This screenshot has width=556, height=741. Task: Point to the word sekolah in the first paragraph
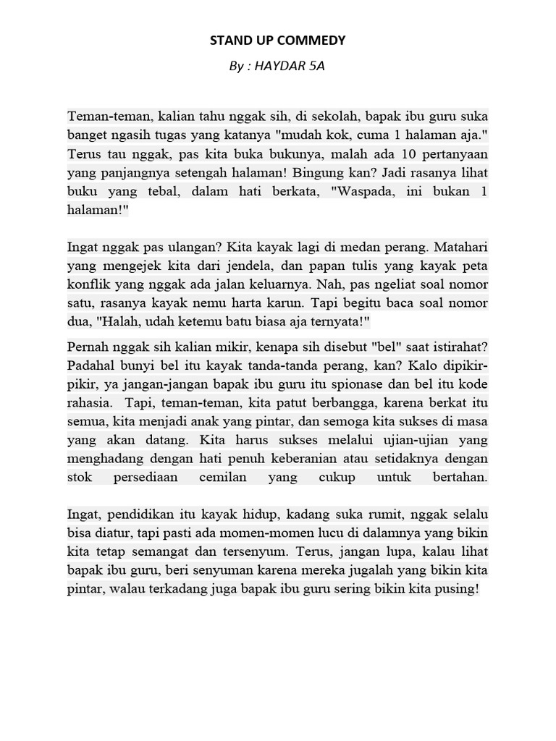click(x=329, y=117)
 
